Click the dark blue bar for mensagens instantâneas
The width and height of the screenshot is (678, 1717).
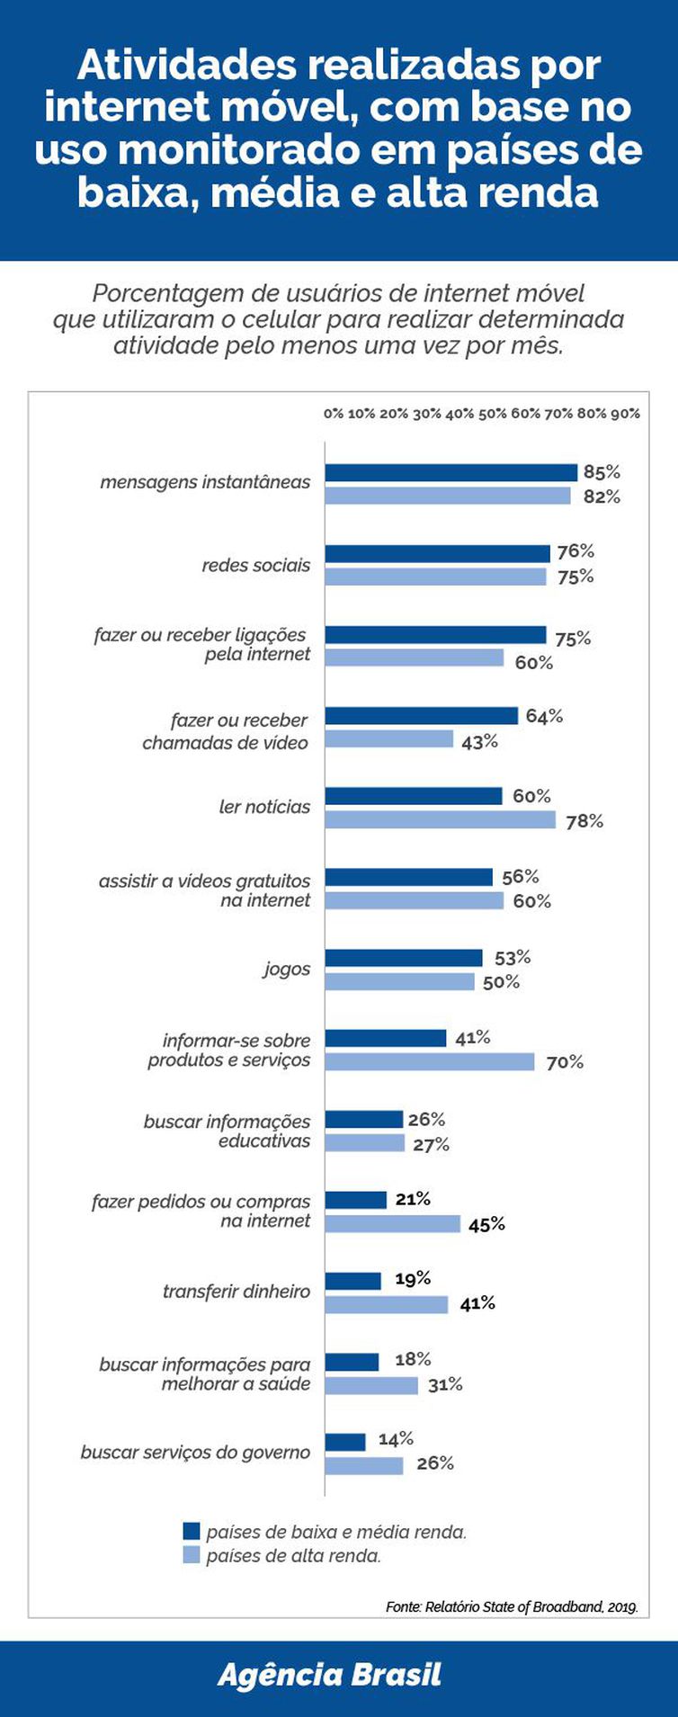point(451,472)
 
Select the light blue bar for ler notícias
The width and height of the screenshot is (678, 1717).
point(440,820)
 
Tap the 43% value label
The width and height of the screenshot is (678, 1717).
point(479,742)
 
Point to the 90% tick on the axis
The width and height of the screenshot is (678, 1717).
point(625,414)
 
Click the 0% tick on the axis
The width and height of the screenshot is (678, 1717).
point(333,414)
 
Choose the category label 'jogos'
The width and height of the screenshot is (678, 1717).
point(286,970)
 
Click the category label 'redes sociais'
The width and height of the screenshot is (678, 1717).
point(255,566)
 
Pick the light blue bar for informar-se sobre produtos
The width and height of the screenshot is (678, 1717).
point(429,1062)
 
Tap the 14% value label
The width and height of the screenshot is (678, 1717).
point(396,1439)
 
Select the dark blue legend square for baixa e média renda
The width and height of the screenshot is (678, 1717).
point(191,1531)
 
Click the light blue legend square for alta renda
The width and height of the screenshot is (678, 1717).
point(191,1555)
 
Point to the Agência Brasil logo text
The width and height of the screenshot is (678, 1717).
point(329,1675)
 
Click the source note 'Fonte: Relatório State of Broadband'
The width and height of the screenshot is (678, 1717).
point(512,1606)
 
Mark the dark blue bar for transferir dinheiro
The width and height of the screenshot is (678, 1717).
point(352,1281)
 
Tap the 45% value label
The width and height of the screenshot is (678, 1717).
point(486,1224)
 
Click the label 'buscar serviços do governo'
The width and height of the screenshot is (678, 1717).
point(195,1453)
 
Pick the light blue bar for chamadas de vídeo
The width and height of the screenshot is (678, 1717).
point(388,739)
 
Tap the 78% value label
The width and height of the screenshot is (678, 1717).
point(584,821)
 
